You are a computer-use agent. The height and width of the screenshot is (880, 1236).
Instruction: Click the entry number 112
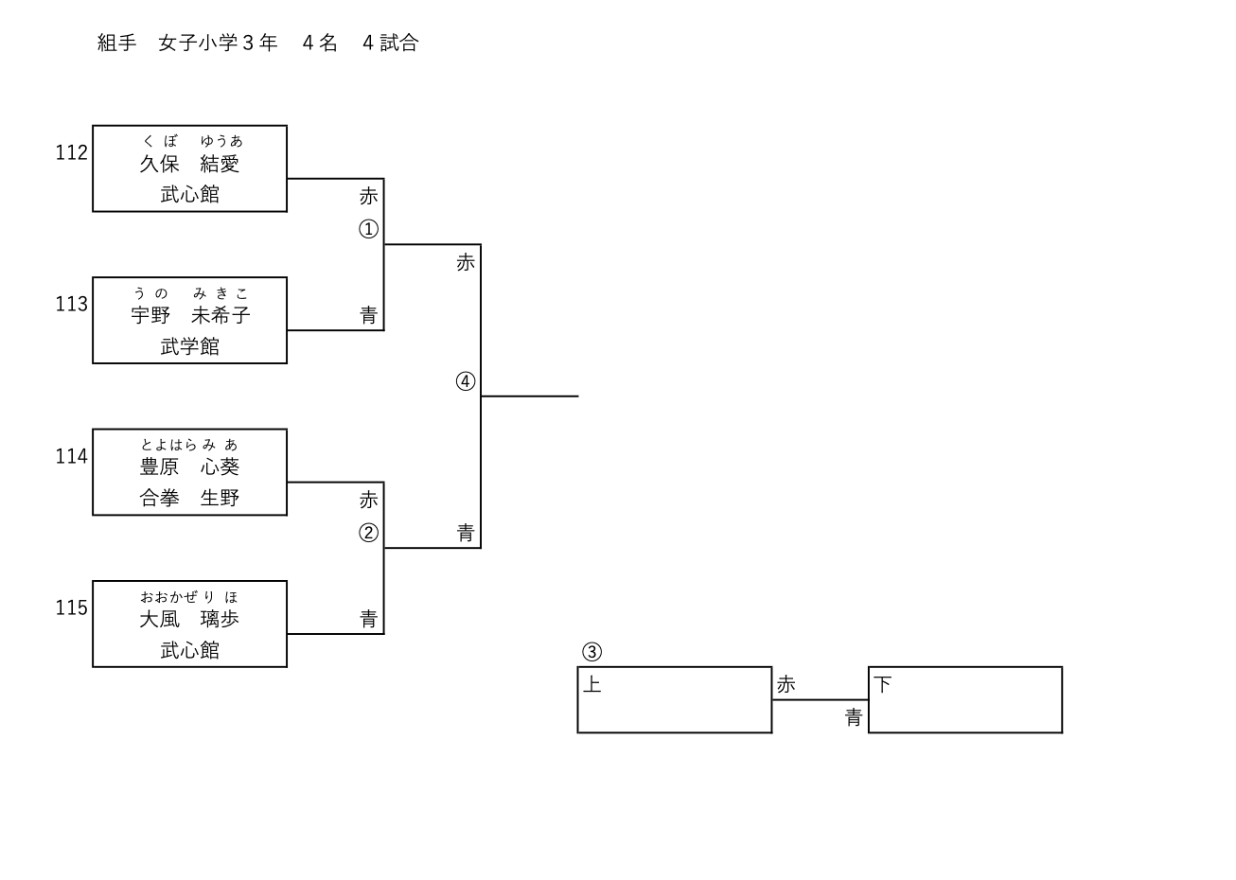pos(71,152)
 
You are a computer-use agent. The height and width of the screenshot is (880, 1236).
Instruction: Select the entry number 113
pos(71,304)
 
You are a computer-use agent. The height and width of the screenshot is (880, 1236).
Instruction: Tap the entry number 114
pos(71,456)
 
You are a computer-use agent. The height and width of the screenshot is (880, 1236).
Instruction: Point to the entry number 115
pos(71,607)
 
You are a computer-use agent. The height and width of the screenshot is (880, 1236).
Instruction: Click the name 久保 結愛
pos(189,164)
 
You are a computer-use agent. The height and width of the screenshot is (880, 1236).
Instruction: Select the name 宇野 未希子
pos(189,315)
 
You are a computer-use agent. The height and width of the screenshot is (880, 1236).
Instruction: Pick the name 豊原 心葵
pos(189,467)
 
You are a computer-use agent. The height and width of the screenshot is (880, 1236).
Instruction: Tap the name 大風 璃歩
pos(189,619)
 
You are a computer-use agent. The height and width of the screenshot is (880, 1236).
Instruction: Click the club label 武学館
pos(189,346)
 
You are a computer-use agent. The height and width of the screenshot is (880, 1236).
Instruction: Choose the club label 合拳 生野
pos(189,498)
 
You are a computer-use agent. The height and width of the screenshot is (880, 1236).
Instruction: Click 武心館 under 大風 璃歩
pos(189,650)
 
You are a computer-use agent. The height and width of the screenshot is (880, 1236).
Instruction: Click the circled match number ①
pos(368,229)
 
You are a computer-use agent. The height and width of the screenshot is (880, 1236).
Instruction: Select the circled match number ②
pos(368,533)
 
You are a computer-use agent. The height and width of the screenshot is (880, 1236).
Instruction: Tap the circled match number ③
pos(592,652)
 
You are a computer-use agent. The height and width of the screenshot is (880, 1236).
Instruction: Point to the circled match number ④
pos(465,381)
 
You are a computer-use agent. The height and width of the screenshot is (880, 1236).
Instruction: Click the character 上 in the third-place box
pos(592,684)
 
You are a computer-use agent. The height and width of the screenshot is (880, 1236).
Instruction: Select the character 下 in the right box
pos(883,684)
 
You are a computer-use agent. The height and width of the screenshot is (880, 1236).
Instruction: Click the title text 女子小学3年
pos(218,43)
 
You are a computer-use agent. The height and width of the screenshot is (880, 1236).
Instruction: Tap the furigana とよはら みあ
pos(189,445)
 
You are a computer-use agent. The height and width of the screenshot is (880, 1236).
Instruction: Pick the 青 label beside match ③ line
pos(854,718)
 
